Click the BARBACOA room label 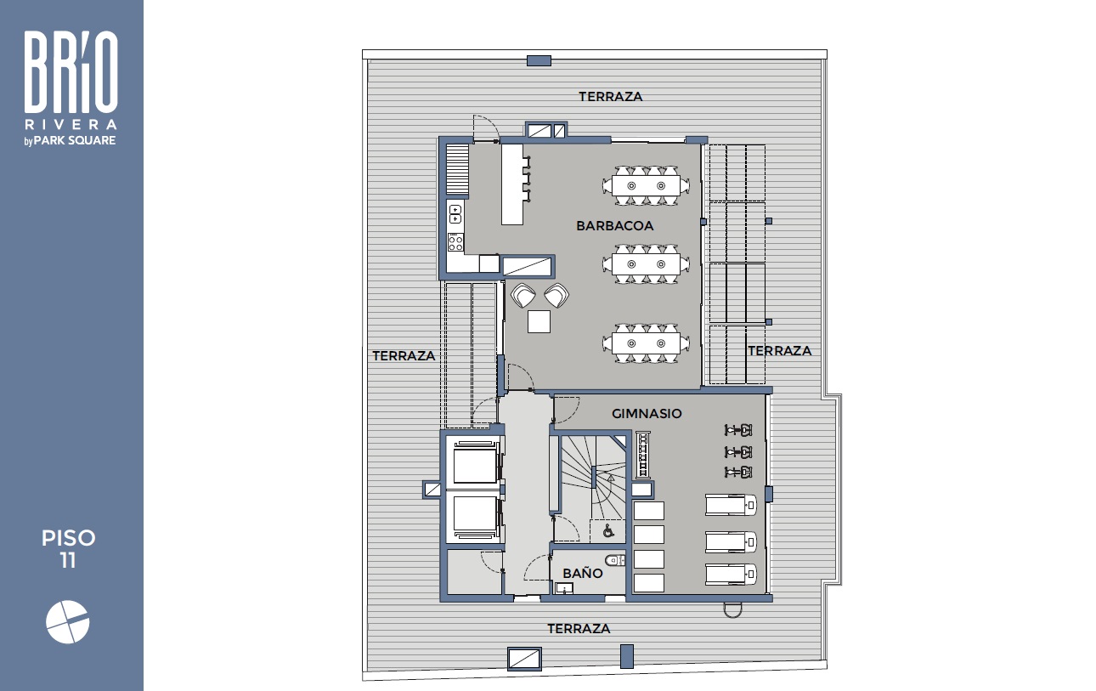point(614,226)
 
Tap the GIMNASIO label point(647,414)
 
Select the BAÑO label point(582,573)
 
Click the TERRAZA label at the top point(611,97)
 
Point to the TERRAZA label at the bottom point(579,629)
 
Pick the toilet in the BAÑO point(614,560)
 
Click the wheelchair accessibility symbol point(608,530)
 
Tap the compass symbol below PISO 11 point(67,622)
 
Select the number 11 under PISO point(68,561)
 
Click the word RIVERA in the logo point(71,124)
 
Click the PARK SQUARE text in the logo point(75,140)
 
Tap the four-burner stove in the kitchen point(455,242)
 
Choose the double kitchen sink point(455,214)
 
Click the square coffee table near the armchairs point(539,321)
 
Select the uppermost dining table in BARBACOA point(646,185)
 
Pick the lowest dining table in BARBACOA point(646,343)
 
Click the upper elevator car point(474,463)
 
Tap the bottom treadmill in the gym point(731,574)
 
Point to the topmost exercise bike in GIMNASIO point(737,430)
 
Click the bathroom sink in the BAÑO point(564,588)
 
